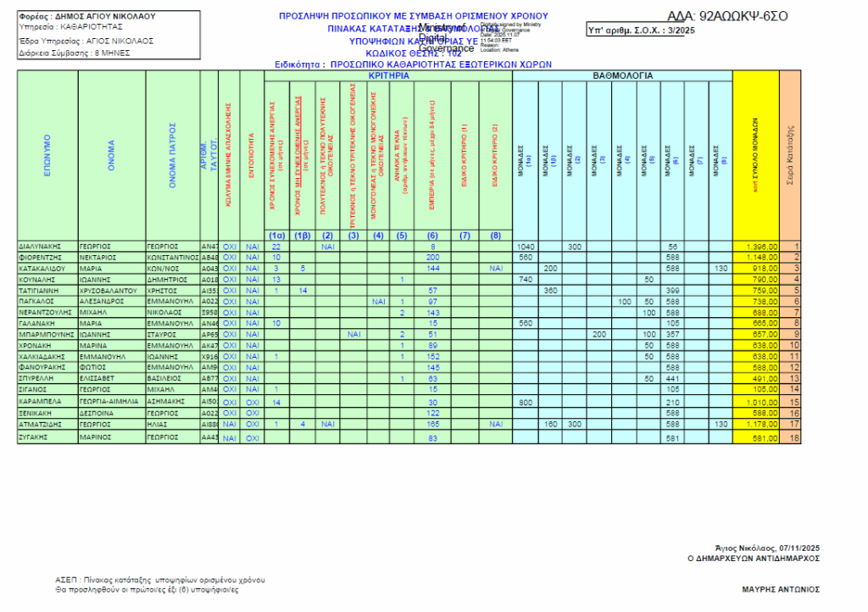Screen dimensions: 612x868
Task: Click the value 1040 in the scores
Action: click(526, 246)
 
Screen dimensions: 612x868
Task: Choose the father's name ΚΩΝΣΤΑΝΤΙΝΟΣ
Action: click(173, 257)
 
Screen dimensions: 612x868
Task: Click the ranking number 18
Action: click(793, 438)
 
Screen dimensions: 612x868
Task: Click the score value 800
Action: click(525, 402)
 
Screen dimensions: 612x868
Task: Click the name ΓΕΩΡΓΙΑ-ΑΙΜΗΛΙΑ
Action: click(108, 402)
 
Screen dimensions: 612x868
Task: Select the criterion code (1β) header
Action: click(301, 235)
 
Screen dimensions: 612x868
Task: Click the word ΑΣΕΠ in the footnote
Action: click(66, 580)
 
